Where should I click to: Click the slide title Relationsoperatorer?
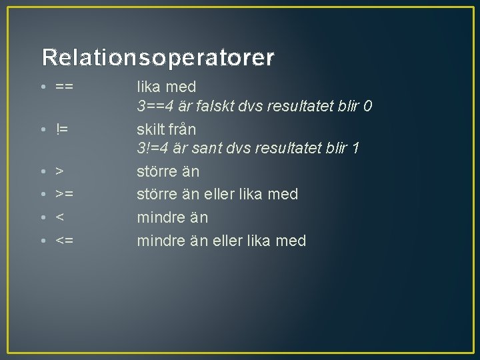[157, 58]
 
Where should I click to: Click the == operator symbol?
[65, 87]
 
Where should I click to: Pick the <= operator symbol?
[65, 241]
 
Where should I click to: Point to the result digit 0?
[367, 106]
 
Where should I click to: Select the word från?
[184, 129]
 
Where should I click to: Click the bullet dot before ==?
[43, 87]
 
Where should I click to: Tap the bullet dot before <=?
[43, 241]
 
